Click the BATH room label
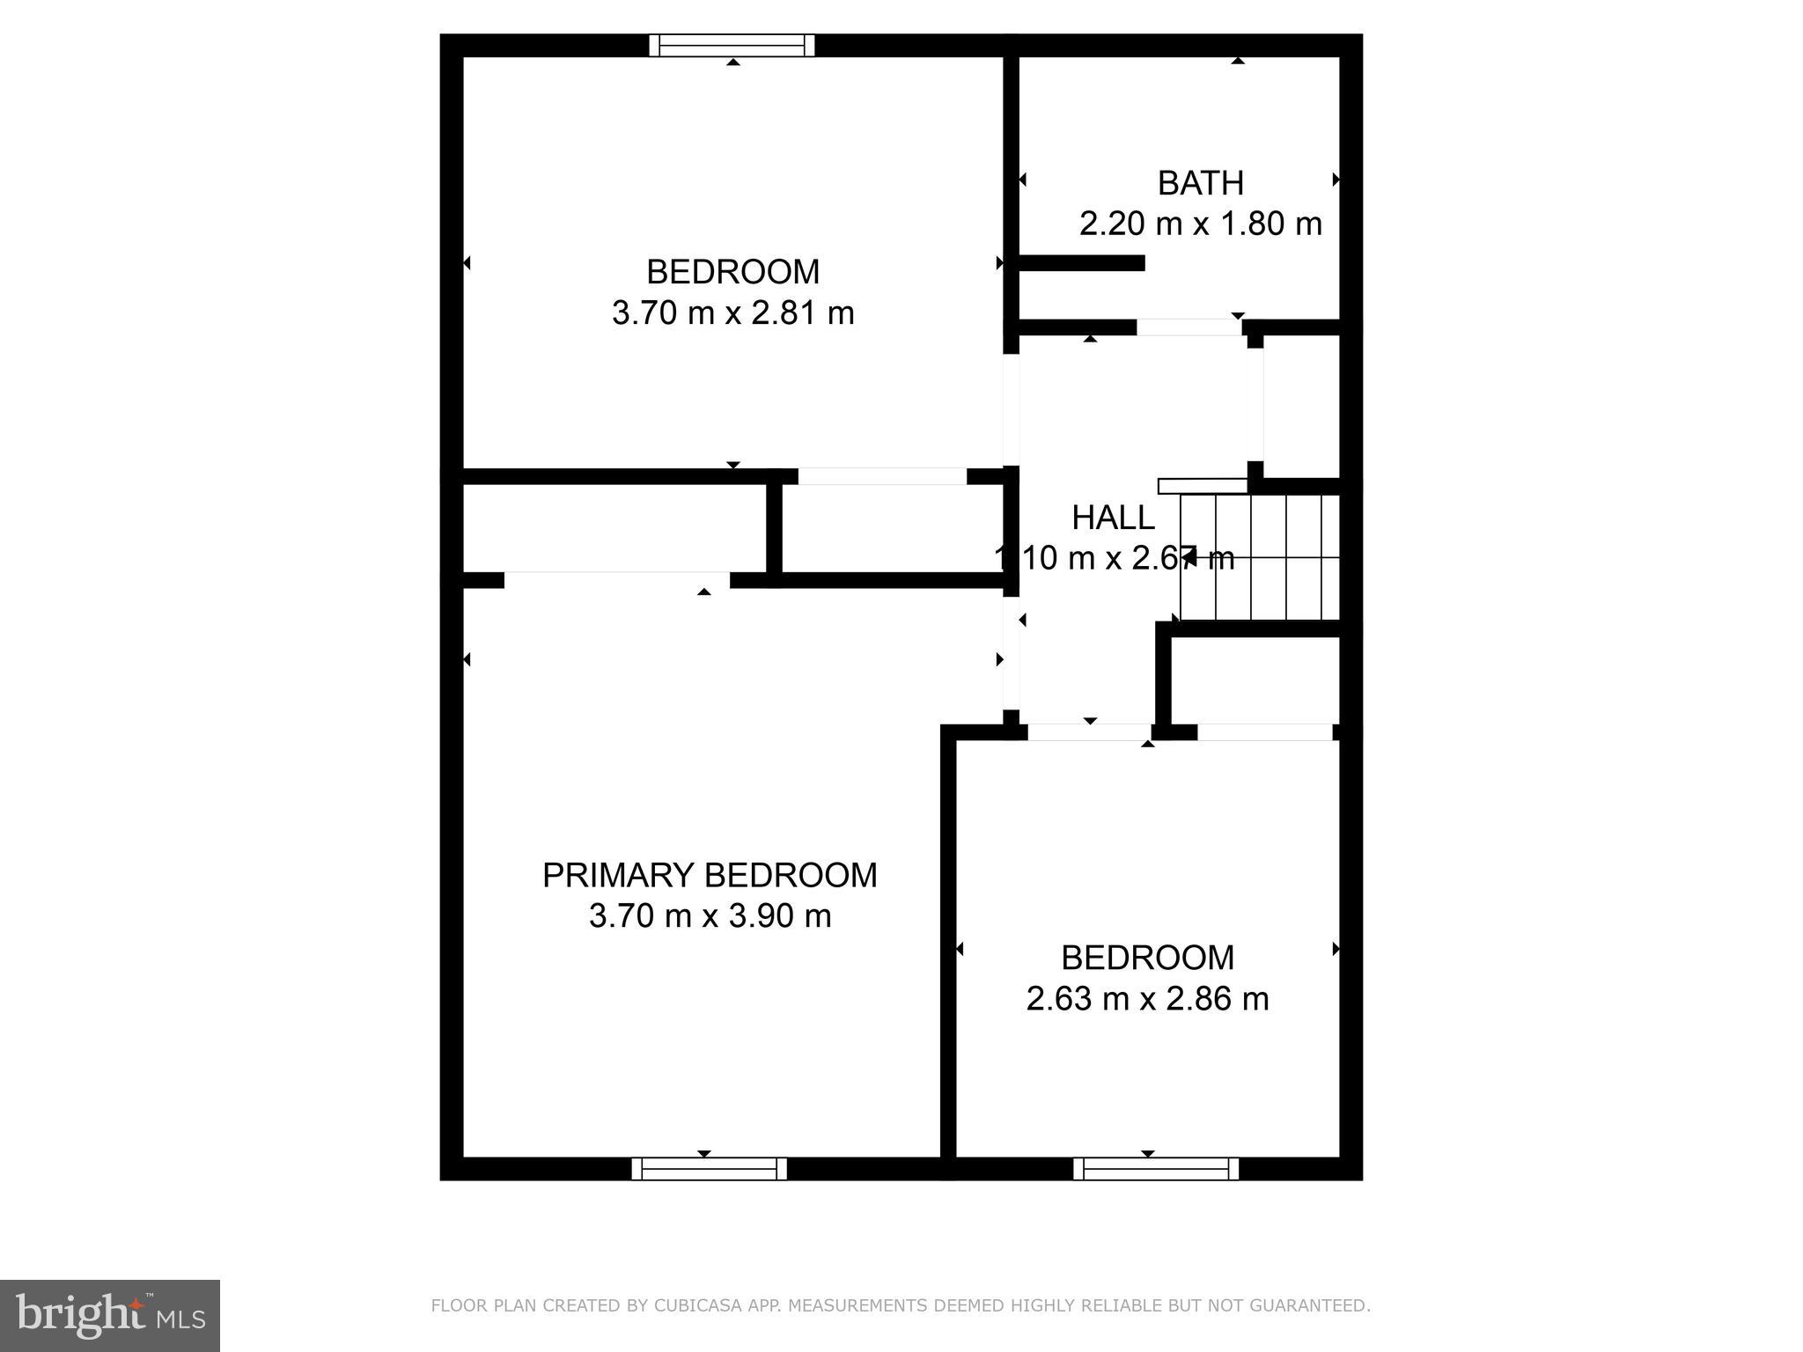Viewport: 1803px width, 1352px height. [1200, 183]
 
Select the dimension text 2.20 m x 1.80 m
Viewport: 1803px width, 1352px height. [1200, 224]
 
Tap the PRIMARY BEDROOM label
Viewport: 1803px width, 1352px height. [710, 875]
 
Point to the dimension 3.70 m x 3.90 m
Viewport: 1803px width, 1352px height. [710, 916]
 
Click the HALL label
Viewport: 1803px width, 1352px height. [1113, 518]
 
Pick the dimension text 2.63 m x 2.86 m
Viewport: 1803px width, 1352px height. [1147, 999]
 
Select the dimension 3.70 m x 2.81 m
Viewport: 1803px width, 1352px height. [732, 312]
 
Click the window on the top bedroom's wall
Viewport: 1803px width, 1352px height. [732, 45]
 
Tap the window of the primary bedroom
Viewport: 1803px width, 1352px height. [709, 1168]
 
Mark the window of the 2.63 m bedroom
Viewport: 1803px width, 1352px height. [1156, 1168]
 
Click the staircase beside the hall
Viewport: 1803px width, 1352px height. [1259, 557]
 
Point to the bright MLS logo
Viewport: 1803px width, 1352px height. [109, 1315]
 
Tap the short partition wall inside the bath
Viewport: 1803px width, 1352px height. [1081, 262]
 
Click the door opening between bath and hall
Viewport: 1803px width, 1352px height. [1189, 327]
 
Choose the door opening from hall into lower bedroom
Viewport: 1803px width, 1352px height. [1089, 732]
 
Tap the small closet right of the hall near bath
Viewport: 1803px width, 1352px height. [1301, 407]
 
